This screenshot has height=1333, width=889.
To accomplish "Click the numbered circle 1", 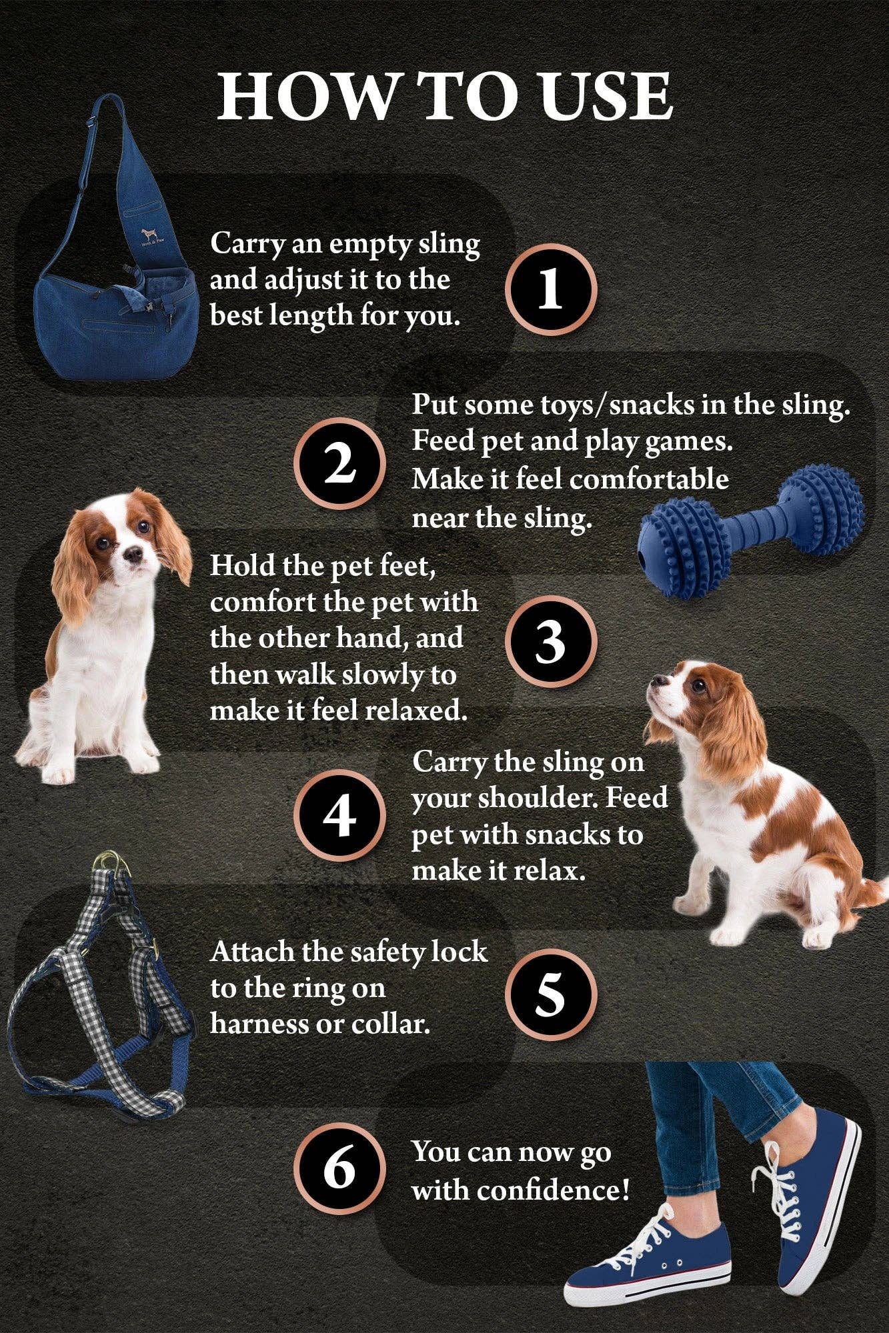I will pos(550,289).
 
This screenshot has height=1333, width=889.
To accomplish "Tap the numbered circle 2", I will pos(340,464).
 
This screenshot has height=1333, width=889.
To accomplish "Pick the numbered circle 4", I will pos(340,816).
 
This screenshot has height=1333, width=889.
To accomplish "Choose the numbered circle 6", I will pos(340,1168).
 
